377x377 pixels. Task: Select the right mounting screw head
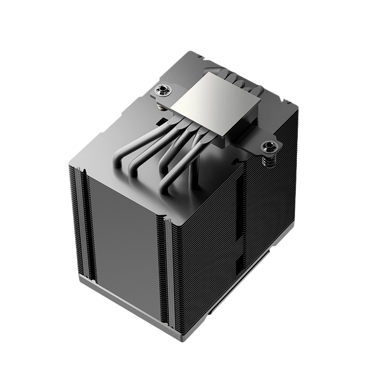point(269,145)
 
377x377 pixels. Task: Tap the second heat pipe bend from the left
point(139,163)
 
